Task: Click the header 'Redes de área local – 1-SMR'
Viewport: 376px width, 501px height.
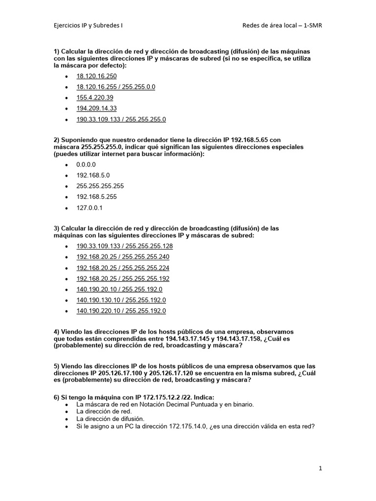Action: coord(282,26)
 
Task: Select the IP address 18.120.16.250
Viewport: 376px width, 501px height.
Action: coord(96,76)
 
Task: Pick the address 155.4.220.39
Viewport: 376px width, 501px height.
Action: coord(94,98)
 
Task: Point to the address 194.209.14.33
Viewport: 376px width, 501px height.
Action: coord(96,109)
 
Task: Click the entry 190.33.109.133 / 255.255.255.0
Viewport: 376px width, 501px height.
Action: coord(121,119)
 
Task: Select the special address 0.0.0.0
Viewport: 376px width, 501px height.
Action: coord(86,165)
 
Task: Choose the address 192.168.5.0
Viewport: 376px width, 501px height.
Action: coord(93,175)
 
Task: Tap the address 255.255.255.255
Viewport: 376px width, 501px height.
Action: coord(100,186)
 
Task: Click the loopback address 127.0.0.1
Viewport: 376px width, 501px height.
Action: coord(90,207)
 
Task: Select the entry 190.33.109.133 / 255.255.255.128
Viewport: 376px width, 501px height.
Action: coord(124,246)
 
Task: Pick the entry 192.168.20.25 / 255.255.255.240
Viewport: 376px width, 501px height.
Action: coord(123,257)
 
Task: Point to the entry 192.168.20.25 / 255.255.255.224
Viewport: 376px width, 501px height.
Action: coord(123,268)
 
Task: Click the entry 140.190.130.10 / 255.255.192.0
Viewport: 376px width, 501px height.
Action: coord(121,300)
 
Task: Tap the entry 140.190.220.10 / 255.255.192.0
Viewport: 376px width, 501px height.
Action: coord(121,311)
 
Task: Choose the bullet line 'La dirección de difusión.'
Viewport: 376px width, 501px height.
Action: coord(111,419)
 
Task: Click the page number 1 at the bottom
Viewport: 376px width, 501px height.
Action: coord(320,468)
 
